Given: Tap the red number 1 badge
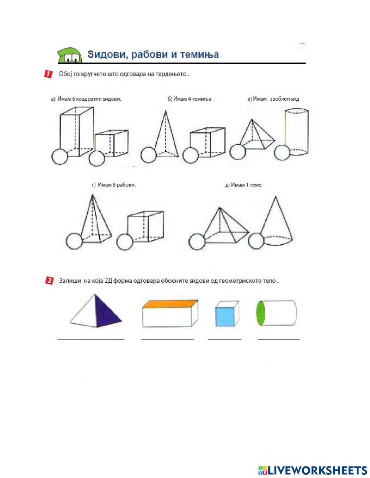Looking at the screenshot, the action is [x=48, y=74].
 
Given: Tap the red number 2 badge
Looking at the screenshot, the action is [x=49, y=281].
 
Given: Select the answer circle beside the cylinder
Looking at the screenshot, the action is [x=282, y=152].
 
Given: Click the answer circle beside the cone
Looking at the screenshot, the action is [x=256, y=241].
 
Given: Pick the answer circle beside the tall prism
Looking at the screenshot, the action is [x=60, y=157].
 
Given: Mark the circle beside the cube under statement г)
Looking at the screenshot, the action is [x=125, y=242].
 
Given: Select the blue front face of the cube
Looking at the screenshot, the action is [x=225, y=317].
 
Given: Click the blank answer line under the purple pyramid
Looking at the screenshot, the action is [x=91, y=340].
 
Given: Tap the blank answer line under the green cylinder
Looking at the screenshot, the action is [x=279, y=340].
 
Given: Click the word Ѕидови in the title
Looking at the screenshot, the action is [x=107, y=54].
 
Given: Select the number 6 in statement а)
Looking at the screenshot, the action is [x=74, y=99].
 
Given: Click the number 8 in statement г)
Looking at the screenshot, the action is [x=114, y=185].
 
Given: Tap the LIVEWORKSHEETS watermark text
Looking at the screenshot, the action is [x=312, y=464].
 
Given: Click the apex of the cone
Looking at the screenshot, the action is [x=276, y=197].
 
